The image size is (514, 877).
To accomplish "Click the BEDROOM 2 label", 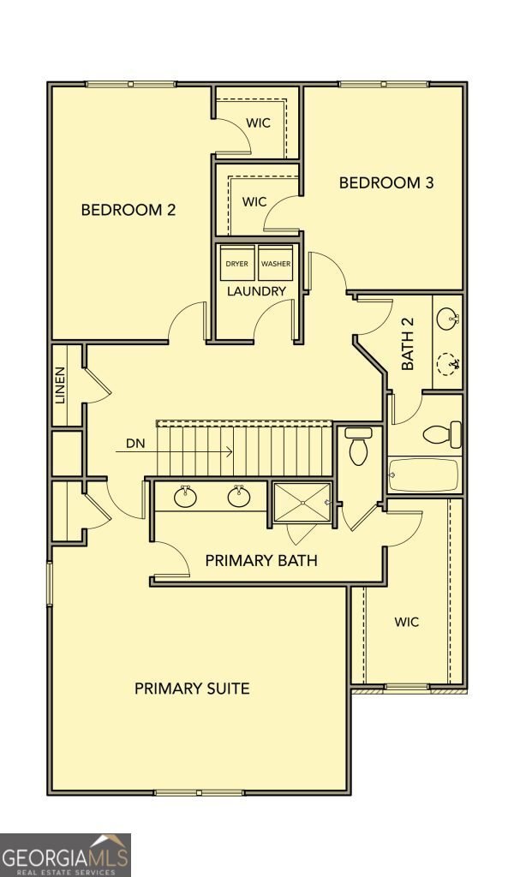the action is [x=128, y=210].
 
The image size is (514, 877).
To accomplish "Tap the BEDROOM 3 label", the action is [x=386, y=183].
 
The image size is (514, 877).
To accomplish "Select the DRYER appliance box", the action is [x=237, y=263].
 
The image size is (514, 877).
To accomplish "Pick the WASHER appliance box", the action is [x=275, y=263].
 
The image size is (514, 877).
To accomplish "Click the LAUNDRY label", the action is [x=257, y=291].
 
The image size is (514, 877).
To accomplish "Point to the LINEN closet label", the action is [x=61, y=385].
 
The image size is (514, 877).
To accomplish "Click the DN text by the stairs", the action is [x=135, y=444].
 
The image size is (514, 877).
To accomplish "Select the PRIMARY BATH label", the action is [x=261, y=560].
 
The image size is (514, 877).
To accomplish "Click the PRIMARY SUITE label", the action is [x=192, y=688].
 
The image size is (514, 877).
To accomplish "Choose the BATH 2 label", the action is [x=409, y=350].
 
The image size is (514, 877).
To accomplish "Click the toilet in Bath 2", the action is [x=442, y=434].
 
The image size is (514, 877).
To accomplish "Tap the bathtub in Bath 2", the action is [x=424, y=475].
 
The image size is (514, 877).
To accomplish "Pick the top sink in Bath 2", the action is [x=447, y=319].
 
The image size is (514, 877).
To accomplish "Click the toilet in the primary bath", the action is [x=358, y=445].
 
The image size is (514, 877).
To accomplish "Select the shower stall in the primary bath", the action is [x=302, y=503].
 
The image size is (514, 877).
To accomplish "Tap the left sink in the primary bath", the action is [x=185, y=497].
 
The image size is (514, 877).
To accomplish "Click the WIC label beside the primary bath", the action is [x=407, y=622].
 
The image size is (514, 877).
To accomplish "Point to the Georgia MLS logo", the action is [x=65, y=856].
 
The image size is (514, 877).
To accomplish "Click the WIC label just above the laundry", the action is [x=254, y=201].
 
